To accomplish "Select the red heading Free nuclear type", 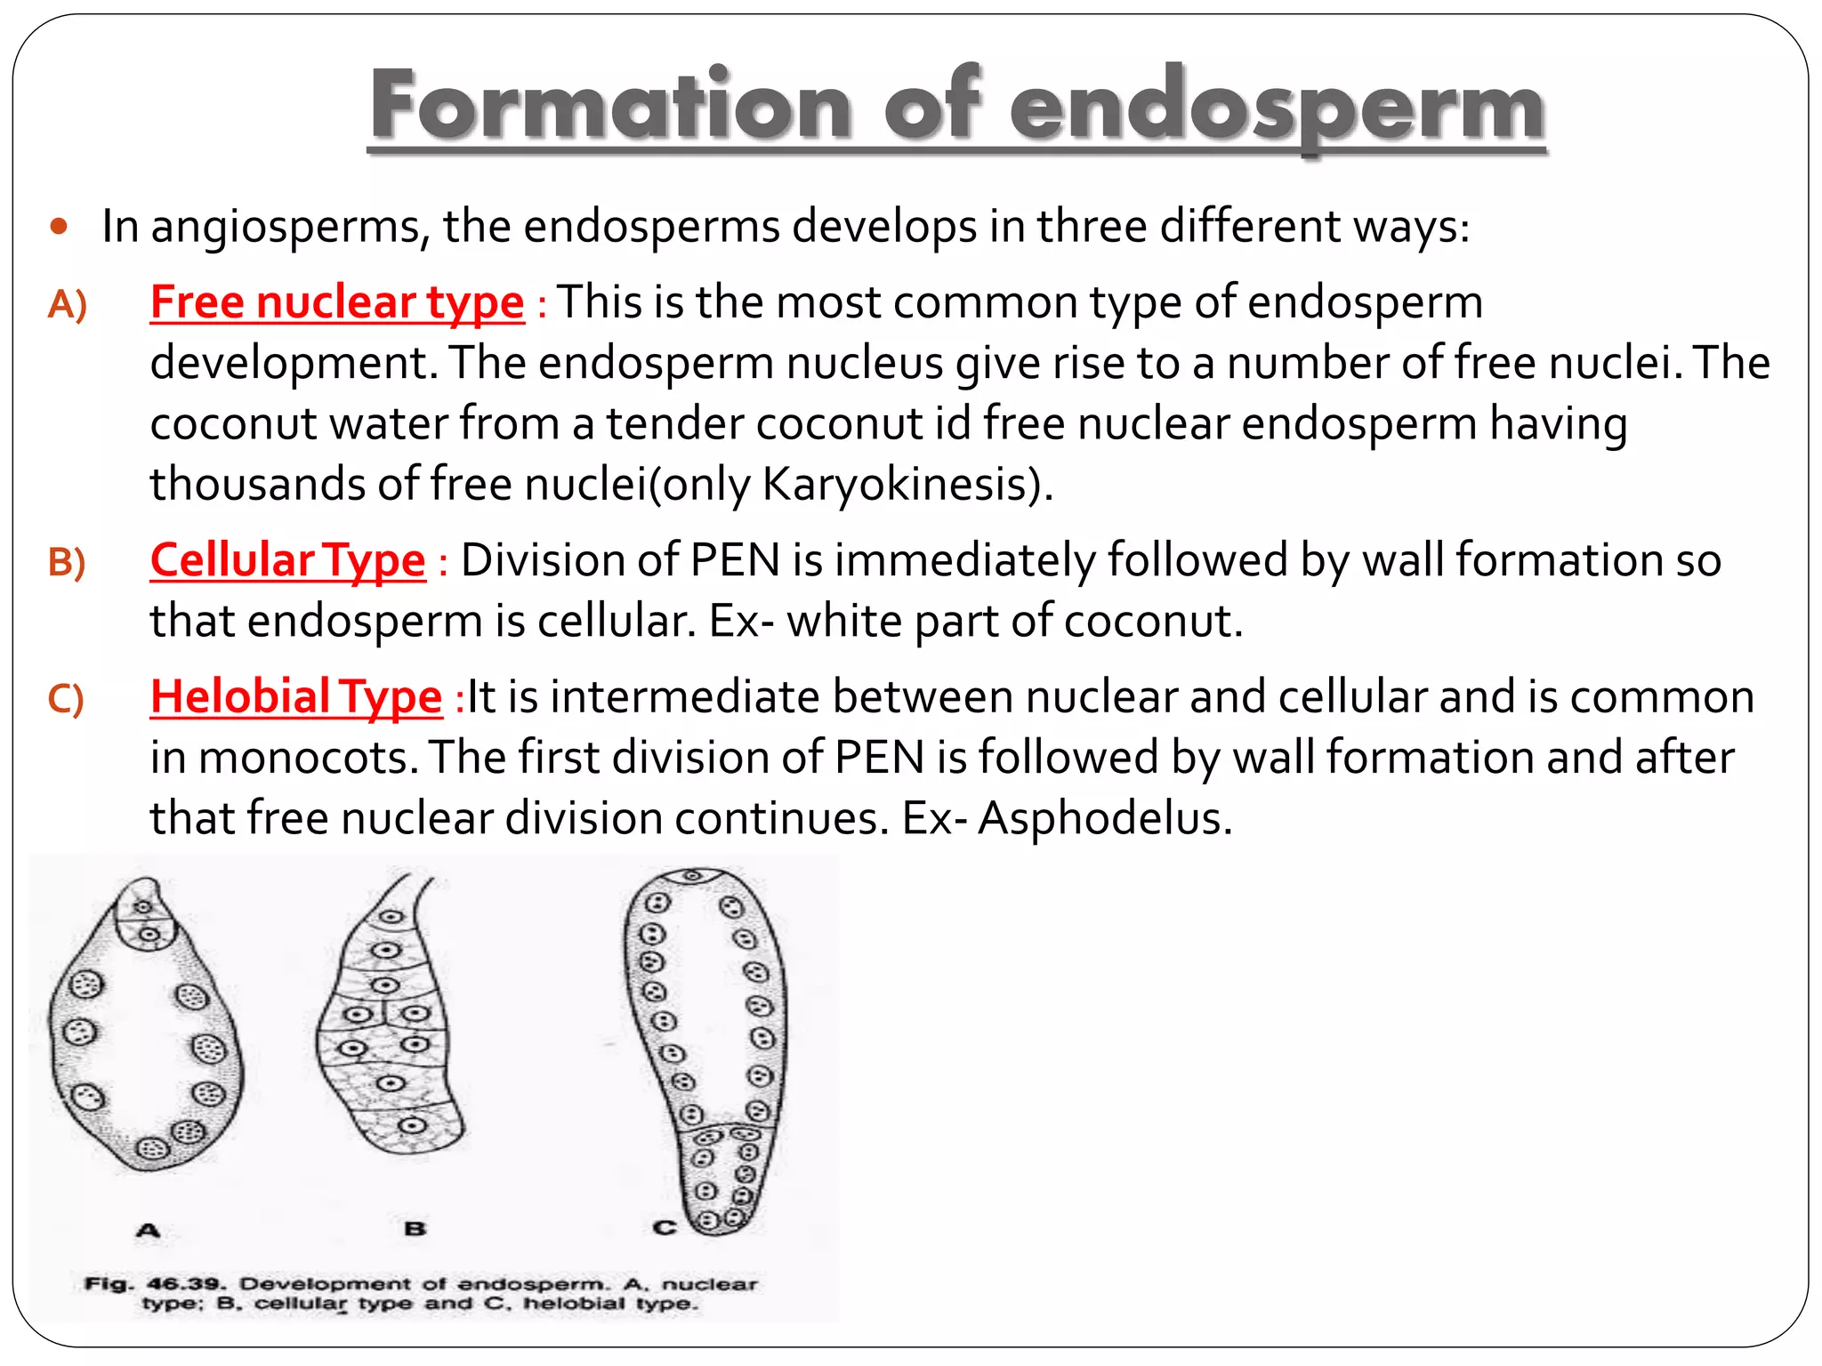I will tap(337, 302).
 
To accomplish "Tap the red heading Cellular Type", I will tap(287, 560).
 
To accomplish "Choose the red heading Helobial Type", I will tap(295, 696).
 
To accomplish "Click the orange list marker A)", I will tap(68, 305).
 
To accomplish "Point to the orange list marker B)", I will tap(67, 563).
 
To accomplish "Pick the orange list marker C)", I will tap(66, 699).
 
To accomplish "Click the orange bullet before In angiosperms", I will tap(60, 227).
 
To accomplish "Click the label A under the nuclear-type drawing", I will tap(149, 1231).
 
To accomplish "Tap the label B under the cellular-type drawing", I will tap(415, 1229).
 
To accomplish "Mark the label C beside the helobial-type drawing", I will tap(664, 1228).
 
